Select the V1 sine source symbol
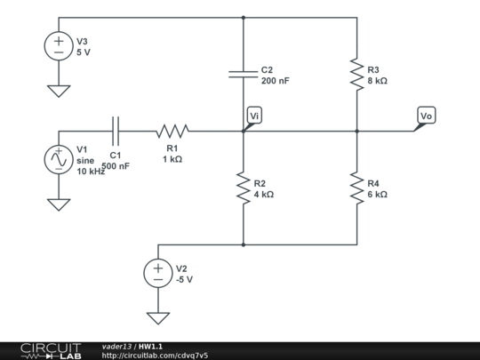[x=59, y=159]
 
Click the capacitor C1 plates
[x=116, y=131]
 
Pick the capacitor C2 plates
[x=244, y=74]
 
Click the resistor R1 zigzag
[x=172, y=131]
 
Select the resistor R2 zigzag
[x=244, y=188]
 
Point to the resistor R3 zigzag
[x=357, y=74]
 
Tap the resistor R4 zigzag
[x=357, y=188]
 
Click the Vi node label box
[x=254, y=116]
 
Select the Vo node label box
[x=427, y=116]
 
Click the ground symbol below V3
[x=59, y=92]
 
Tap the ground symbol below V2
[x=158, y=318]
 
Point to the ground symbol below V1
[x=59, y=204]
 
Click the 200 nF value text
[x=276, y=81]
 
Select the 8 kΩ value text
[x=378, y=81]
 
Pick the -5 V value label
[x=184, y=279]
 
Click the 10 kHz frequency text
[x=91, y=172]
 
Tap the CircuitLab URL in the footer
[x=155, y=356]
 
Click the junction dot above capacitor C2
[x=244, y=18]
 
